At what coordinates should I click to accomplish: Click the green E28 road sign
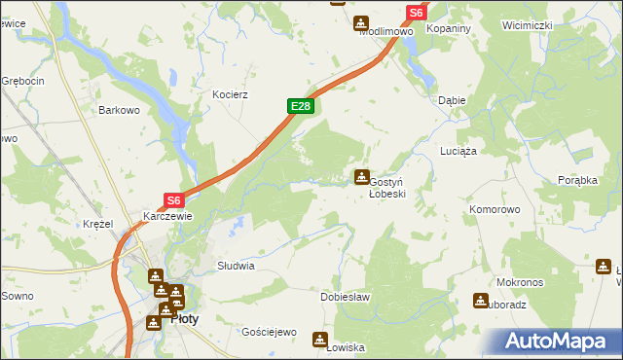point(300,106)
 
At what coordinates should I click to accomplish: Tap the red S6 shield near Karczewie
point(173,200)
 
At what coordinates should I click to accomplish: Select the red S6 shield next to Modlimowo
point(416,13)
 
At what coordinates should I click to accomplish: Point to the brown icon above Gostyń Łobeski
point(362,176)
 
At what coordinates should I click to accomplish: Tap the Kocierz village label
point(232,95)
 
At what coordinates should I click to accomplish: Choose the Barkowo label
point(120,111)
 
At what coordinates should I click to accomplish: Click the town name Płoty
point(186,316)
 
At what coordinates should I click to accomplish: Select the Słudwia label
point(236,265)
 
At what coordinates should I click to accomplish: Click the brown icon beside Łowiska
point(319,339)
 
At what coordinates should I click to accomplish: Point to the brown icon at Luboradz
point(480,301)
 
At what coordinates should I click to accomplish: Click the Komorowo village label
point(495,209)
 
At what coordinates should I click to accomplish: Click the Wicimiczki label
point(527,24)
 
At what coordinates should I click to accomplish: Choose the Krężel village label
point(97,224)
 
